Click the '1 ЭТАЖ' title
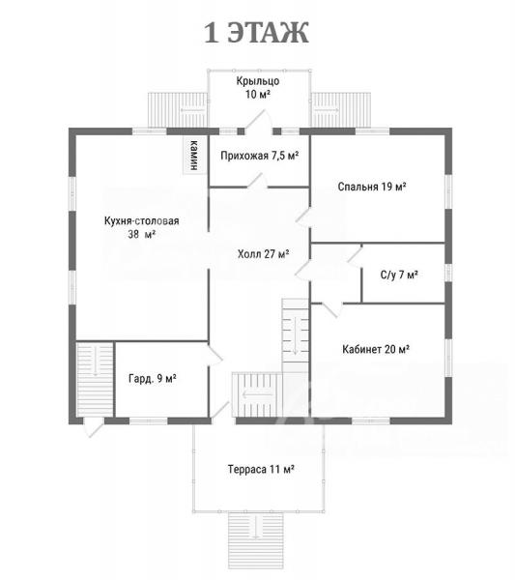[x=256, y=33]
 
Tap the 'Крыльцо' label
[x=258, y=81]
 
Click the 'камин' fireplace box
[x=194, y=155]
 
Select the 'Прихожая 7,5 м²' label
[x=260, y=156]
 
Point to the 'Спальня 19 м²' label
[x=372, y=187]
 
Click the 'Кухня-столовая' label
[x=142, y=220]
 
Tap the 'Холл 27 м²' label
[x=263, y=254]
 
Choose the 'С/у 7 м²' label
[x=399, y=275]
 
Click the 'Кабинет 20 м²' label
[x=376, y=349]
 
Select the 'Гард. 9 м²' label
[x=153, y=378]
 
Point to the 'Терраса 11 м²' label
[x=261, y=469]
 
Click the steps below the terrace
[x=256, y=540]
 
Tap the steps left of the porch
[x=177, y=110]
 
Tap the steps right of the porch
[x=341, y=110]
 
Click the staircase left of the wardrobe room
[x=95, y=379]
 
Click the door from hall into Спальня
[x=304, y=217]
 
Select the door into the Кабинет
[x=329, y=309]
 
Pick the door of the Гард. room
[x=215, y=356]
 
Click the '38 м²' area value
[x=142, y=234]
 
